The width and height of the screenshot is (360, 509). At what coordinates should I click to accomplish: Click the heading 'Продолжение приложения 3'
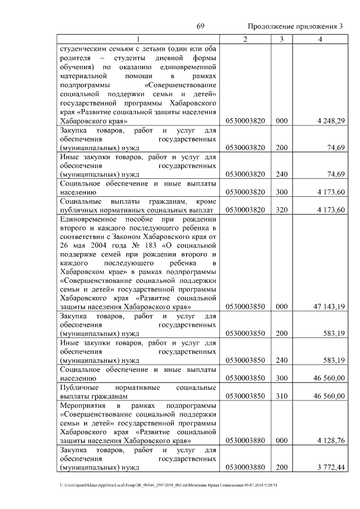[x=295, y=27]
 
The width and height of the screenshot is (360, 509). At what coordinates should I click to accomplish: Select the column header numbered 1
[x=137, y=39]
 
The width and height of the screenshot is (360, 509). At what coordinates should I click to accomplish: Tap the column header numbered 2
[x=245, y=39]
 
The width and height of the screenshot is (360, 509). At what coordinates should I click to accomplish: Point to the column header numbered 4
[x=320, y=39]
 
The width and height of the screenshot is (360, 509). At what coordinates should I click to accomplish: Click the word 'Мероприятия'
[x=83, y=405]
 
